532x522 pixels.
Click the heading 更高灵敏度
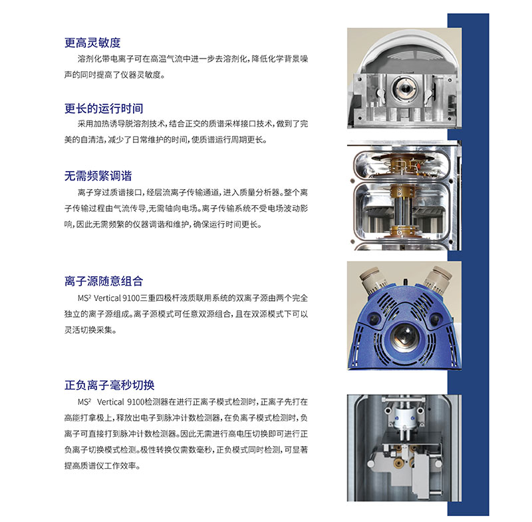[92, 43]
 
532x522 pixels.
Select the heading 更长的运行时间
[104, 109]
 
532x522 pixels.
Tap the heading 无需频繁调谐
[98, 176]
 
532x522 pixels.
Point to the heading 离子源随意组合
[104, 281]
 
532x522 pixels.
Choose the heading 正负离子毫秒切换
[109, 385]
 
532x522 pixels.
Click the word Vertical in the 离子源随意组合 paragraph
[107, 298]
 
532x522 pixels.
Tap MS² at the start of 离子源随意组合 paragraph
[84, 298]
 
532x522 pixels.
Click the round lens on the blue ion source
[404, 337]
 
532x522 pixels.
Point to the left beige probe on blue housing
[372, 280]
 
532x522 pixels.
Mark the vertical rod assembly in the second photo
[403, 207]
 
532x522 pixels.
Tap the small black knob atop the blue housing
[405, 282]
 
